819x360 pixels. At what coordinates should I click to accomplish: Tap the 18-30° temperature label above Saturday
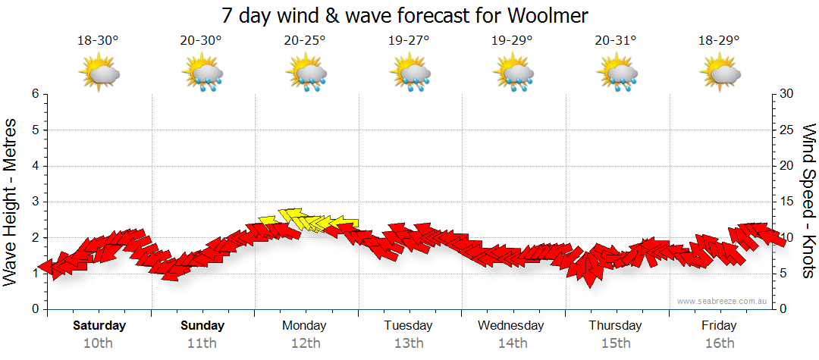pos(98,41)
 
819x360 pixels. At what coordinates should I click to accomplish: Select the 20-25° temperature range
pos(305,41)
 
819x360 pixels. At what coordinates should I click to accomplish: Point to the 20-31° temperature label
pos(616,41)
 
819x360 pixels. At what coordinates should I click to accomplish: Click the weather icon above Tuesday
pos(409,74)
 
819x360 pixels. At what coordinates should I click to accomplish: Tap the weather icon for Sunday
pos(202,74)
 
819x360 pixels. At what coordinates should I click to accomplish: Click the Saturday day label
pos(99,326)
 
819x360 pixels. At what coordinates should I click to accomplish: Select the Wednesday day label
pos(511,326)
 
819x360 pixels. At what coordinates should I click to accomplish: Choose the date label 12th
pos(305,343)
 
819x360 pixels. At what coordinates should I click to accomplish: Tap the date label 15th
pos(616,343)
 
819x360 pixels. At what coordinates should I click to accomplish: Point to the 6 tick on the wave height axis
pos(35,94)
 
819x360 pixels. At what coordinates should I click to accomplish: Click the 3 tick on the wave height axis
pos(35,202)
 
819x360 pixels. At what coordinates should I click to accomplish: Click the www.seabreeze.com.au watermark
pos(723,301)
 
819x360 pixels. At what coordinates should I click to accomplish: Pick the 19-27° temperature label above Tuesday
pos(409,41)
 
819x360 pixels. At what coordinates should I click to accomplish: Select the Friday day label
pos(719,326)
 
